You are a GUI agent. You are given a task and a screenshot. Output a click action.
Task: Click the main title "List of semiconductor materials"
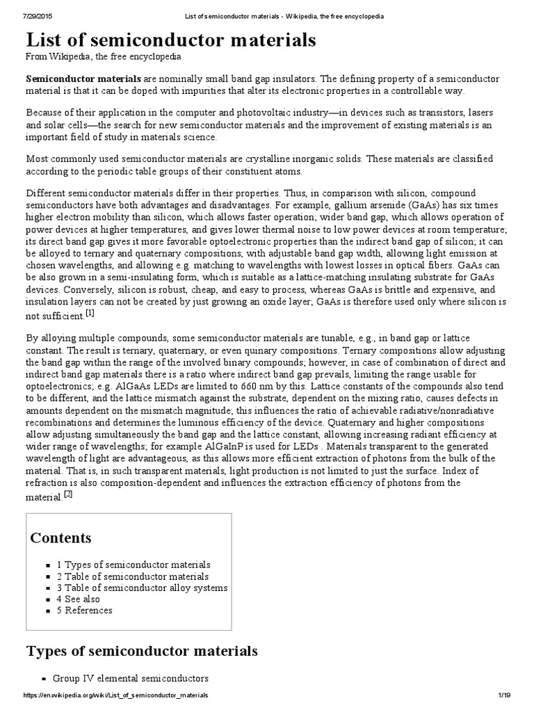[171, 40]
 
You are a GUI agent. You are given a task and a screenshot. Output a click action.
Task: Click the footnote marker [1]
[90, 314]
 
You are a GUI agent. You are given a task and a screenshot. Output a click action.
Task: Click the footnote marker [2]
[68, 494]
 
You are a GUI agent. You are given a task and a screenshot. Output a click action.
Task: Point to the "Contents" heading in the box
[61, 538]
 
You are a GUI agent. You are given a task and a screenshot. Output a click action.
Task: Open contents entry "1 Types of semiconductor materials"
[133, 565]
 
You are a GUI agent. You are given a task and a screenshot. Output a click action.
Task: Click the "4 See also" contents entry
[78, 599]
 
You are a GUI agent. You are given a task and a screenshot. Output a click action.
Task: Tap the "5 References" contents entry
[84, 610]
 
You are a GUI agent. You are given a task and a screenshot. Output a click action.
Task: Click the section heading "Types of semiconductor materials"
[142, 652]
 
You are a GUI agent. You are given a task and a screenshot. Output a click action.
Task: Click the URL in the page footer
[115, 695]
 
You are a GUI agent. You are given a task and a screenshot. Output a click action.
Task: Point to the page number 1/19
[504, 695]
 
